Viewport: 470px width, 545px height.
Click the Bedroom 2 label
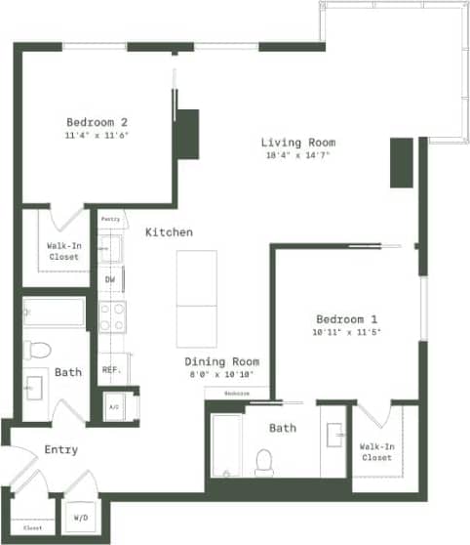(x=98, y=122)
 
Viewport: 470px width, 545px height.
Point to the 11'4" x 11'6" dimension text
(x=98, y=135)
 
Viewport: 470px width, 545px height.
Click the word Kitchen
(x=169, y=232)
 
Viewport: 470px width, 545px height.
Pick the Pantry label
(x=110, y=220)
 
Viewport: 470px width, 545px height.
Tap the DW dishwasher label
(x=110, y=280)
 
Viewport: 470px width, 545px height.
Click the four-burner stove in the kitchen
(x=112, y=316)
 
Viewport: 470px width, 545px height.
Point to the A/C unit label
(x=113, y=406)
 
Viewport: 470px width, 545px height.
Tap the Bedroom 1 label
(x=346, y=319)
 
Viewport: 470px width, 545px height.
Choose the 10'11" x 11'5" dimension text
(x=346, y=332)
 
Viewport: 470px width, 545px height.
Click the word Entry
(x=61, y=449)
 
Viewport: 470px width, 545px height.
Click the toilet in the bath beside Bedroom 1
(x=264, y=460)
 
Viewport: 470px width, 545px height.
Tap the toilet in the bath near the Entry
(x=37, y=349)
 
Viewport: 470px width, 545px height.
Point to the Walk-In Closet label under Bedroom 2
(x=63, y=252)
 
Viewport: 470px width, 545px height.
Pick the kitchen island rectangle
(x=196, y=298)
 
